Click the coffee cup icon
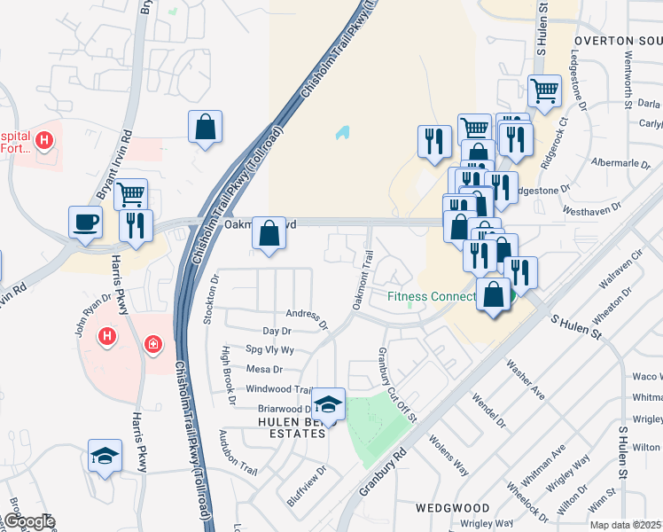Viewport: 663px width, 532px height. (86, 222)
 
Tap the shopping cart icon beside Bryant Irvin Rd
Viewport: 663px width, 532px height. (130, 193)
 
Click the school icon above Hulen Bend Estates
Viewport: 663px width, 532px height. (328, 404)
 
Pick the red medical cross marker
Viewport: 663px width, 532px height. (153, 342)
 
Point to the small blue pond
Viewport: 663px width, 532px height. (342, 134)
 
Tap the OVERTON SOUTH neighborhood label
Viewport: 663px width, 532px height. (617, 41)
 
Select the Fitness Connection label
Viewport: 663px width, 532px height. (431, 296)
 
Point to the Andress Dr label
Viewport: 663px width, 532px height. (307, 314)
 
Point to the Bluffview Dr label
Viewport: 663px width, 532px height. (307, 486)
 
